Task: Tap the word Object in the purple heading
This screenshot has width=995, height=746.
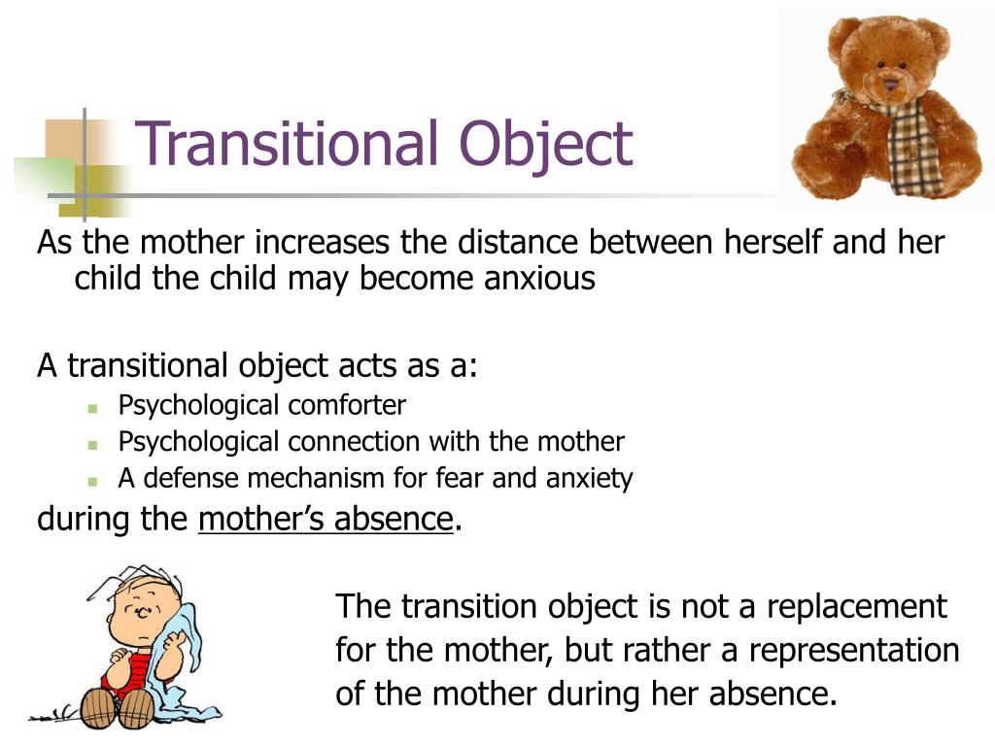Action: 546,145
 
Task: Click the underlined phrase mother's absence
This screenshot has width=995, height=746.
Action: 326,520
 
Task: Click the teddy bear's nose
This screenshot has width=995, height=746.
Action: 889,83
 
